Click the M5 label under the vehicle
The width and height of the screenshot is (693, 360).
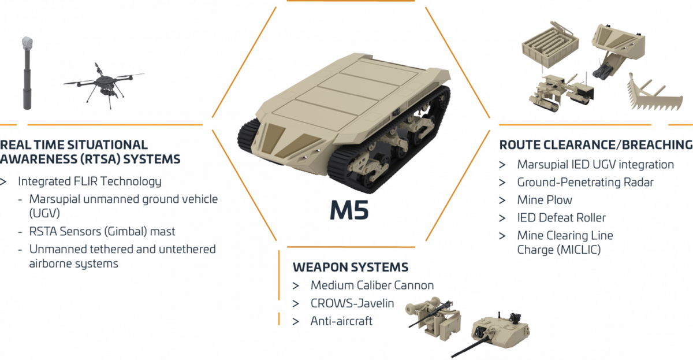coord(349,210)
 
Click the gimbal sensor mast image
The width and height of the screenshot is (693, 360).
coord(27,72)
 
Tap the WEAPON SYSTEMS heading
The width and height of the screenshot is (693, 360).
coord(350,268)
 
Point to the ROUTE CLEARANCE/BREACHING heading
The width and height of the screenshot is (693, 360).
coord(595,144)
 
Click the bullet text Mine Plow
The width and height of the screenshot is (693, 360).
coord(545,200)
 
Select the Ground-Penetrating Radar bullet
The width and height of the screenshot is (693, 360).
coord(586,183)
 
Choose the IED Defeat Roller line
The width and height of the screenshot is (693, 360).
coord(561,218)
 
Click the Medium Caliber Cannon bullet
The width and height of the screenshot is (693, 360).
coord(372,285)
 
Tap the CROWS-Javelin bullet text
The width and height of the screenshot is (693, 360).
coord(352,303)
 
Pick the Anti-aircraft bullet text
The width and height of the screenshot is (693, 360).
coord(341,321)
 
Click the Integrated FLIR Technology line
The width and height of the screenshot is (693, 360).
coord(90,181)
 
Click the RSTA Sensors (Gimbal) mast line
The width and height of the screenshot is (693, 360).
coord(102,231)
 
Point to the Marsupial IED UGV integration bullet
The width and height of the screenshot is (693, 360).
coord(595,165)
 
